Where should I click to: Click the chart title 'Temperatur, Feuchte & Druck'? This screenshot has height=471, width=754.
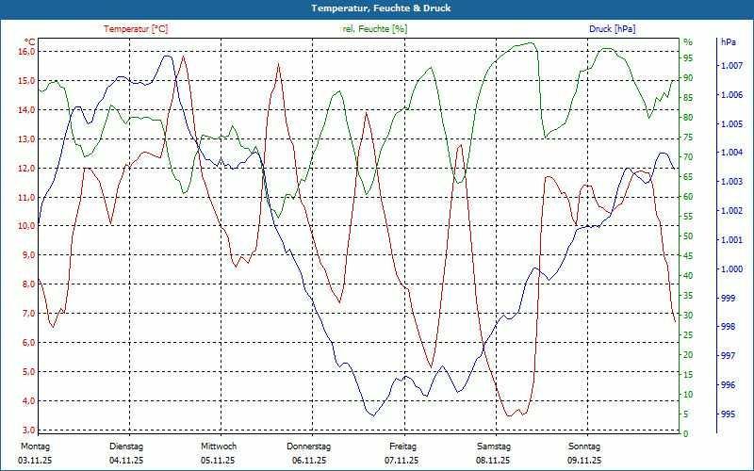(377, 8)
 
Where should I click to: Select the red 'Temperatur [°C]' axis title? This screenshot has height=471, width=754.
(136, 29)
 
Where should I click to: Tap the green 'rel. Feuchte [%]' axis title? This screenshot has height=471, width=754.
(375, 29)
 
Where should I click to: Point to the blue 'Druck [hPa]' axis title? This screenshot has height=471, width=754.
(612, 29)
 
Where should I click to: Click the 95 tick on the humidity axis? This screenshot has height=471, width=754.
(688, 57)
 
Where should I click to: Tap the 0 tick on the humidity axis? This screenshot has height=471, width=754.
(685, 434)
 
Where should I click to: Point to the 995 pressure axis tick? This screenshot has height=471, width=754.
(728, 414)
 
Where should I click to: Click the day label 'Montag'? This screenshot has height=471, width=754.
(35, 447)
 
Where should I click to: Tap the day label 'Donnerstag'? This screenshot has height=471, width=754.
(309, 447)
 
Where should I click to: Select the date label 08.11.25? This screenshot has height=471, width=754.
(493, 461)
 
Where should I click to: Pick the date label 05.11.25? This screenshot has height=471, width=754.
(218, 461)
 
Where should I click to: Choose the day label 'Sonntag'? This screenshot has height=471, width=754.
(583, 447)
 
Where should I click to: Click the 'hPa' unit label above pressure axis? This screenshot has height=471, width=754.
(728, 42)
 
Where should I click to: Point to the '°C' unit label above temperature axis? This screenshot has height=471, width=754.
(30, 42)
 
